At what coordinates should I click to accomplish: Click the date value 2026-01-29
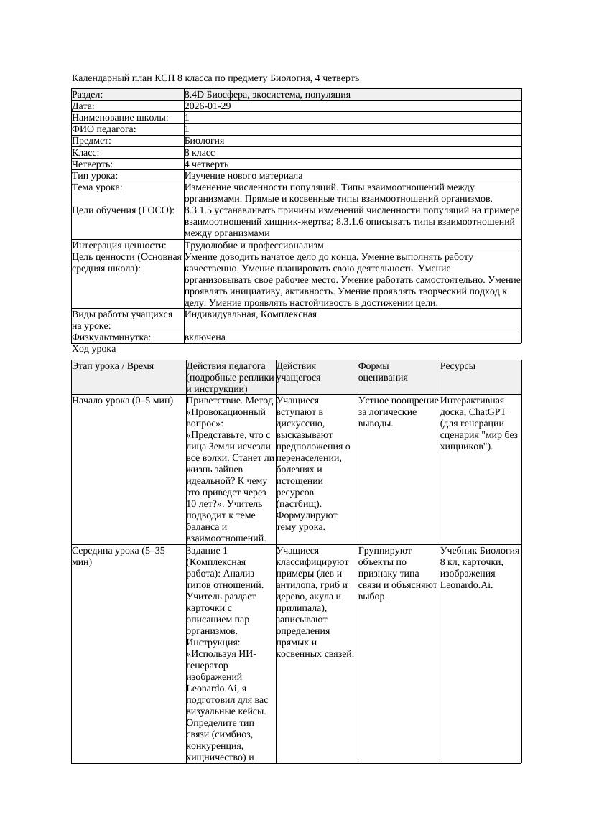point(208,106)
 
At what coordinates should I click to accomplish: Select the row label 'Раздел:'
point(88,95)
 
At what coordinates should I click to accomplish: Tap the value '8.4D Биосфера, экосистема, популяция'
point(267,95)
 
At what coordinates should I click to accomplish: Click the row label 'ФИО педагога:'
point(104,129)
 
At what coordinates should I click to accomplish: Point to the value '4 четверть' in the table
point(203,164)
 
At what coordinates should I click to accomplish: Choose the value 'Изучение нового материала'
point(243,176)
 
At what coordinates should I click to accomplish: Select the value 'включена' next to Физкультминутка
point(205,337)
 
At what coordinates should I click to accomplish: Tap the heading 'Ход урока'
point(94,349)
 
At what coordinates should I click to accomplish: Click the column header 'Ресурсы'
point(458,366)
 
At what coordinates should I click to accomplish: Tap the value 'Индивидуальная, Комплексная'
point(251,314)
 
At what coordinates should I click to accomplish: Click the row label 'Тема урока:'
point(97,187)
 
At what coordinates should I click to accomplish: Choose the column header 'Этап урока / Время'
point(113,366)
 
